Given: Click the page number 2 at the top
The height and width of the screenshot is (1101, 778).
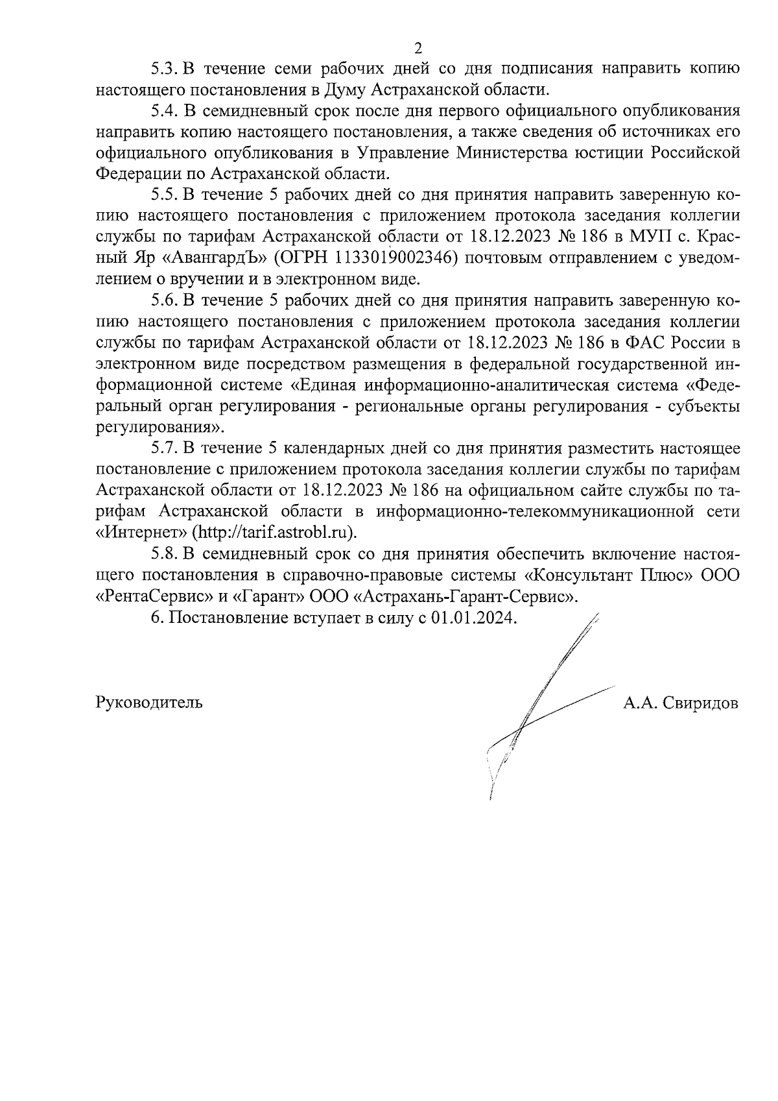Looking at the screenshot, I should [418, 48].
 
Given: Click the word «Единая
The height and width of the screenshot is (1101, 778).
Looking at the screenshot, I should [322, 385].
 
